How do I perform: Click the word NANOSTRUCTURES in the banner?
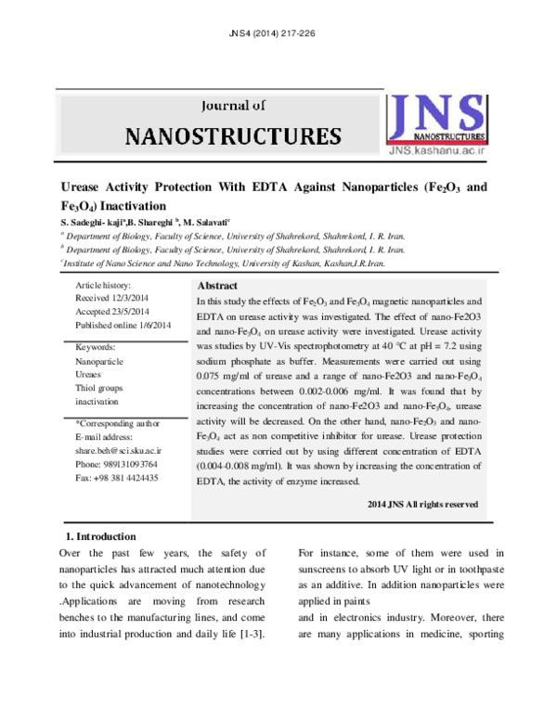[232, 137]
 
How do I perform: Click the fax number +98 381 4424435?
[116, 477]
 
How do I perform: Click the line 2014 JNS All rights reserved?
[422, 504]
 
